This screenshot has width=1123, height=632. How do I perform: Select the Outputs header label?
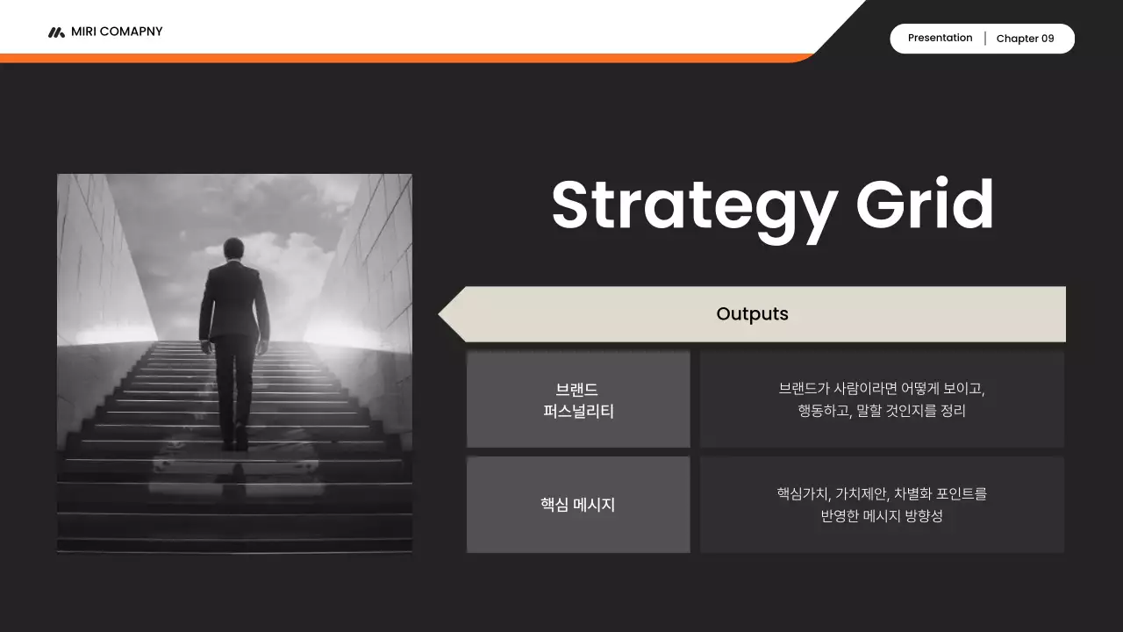coord(752,314)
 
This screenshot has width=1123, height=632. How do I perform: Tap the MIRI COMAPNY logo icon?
coord(56,32)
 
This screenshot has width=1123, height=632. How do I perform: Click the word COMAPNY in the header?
coord(132,32)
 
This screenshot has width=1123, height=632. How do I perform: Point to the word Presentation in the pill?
coord(940,38)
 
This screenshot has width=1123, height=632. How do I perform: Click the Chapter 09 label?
coord(1025,39)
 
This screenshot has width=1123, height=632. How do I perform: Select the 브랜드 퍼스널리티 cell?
coord(578,399)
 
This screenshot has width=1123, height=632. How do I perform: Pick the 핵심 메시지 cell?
coord(578,505)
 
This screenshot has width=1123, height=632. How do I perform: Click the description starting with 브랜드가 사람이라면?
coord(882,399)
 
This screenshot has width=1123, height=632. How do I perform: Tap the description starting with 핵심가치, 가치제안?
coord(882,505)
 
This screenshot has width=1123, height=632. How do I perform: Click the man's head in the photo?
coord(233,248)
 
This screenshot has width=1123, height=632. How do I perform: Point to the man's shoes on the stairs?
coord(234,443)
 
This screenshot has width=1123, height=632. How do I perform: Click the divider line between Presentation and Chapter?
coord(985,39)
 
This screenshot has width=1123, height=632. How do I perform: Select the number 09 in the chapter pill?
coord(1048,39)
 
